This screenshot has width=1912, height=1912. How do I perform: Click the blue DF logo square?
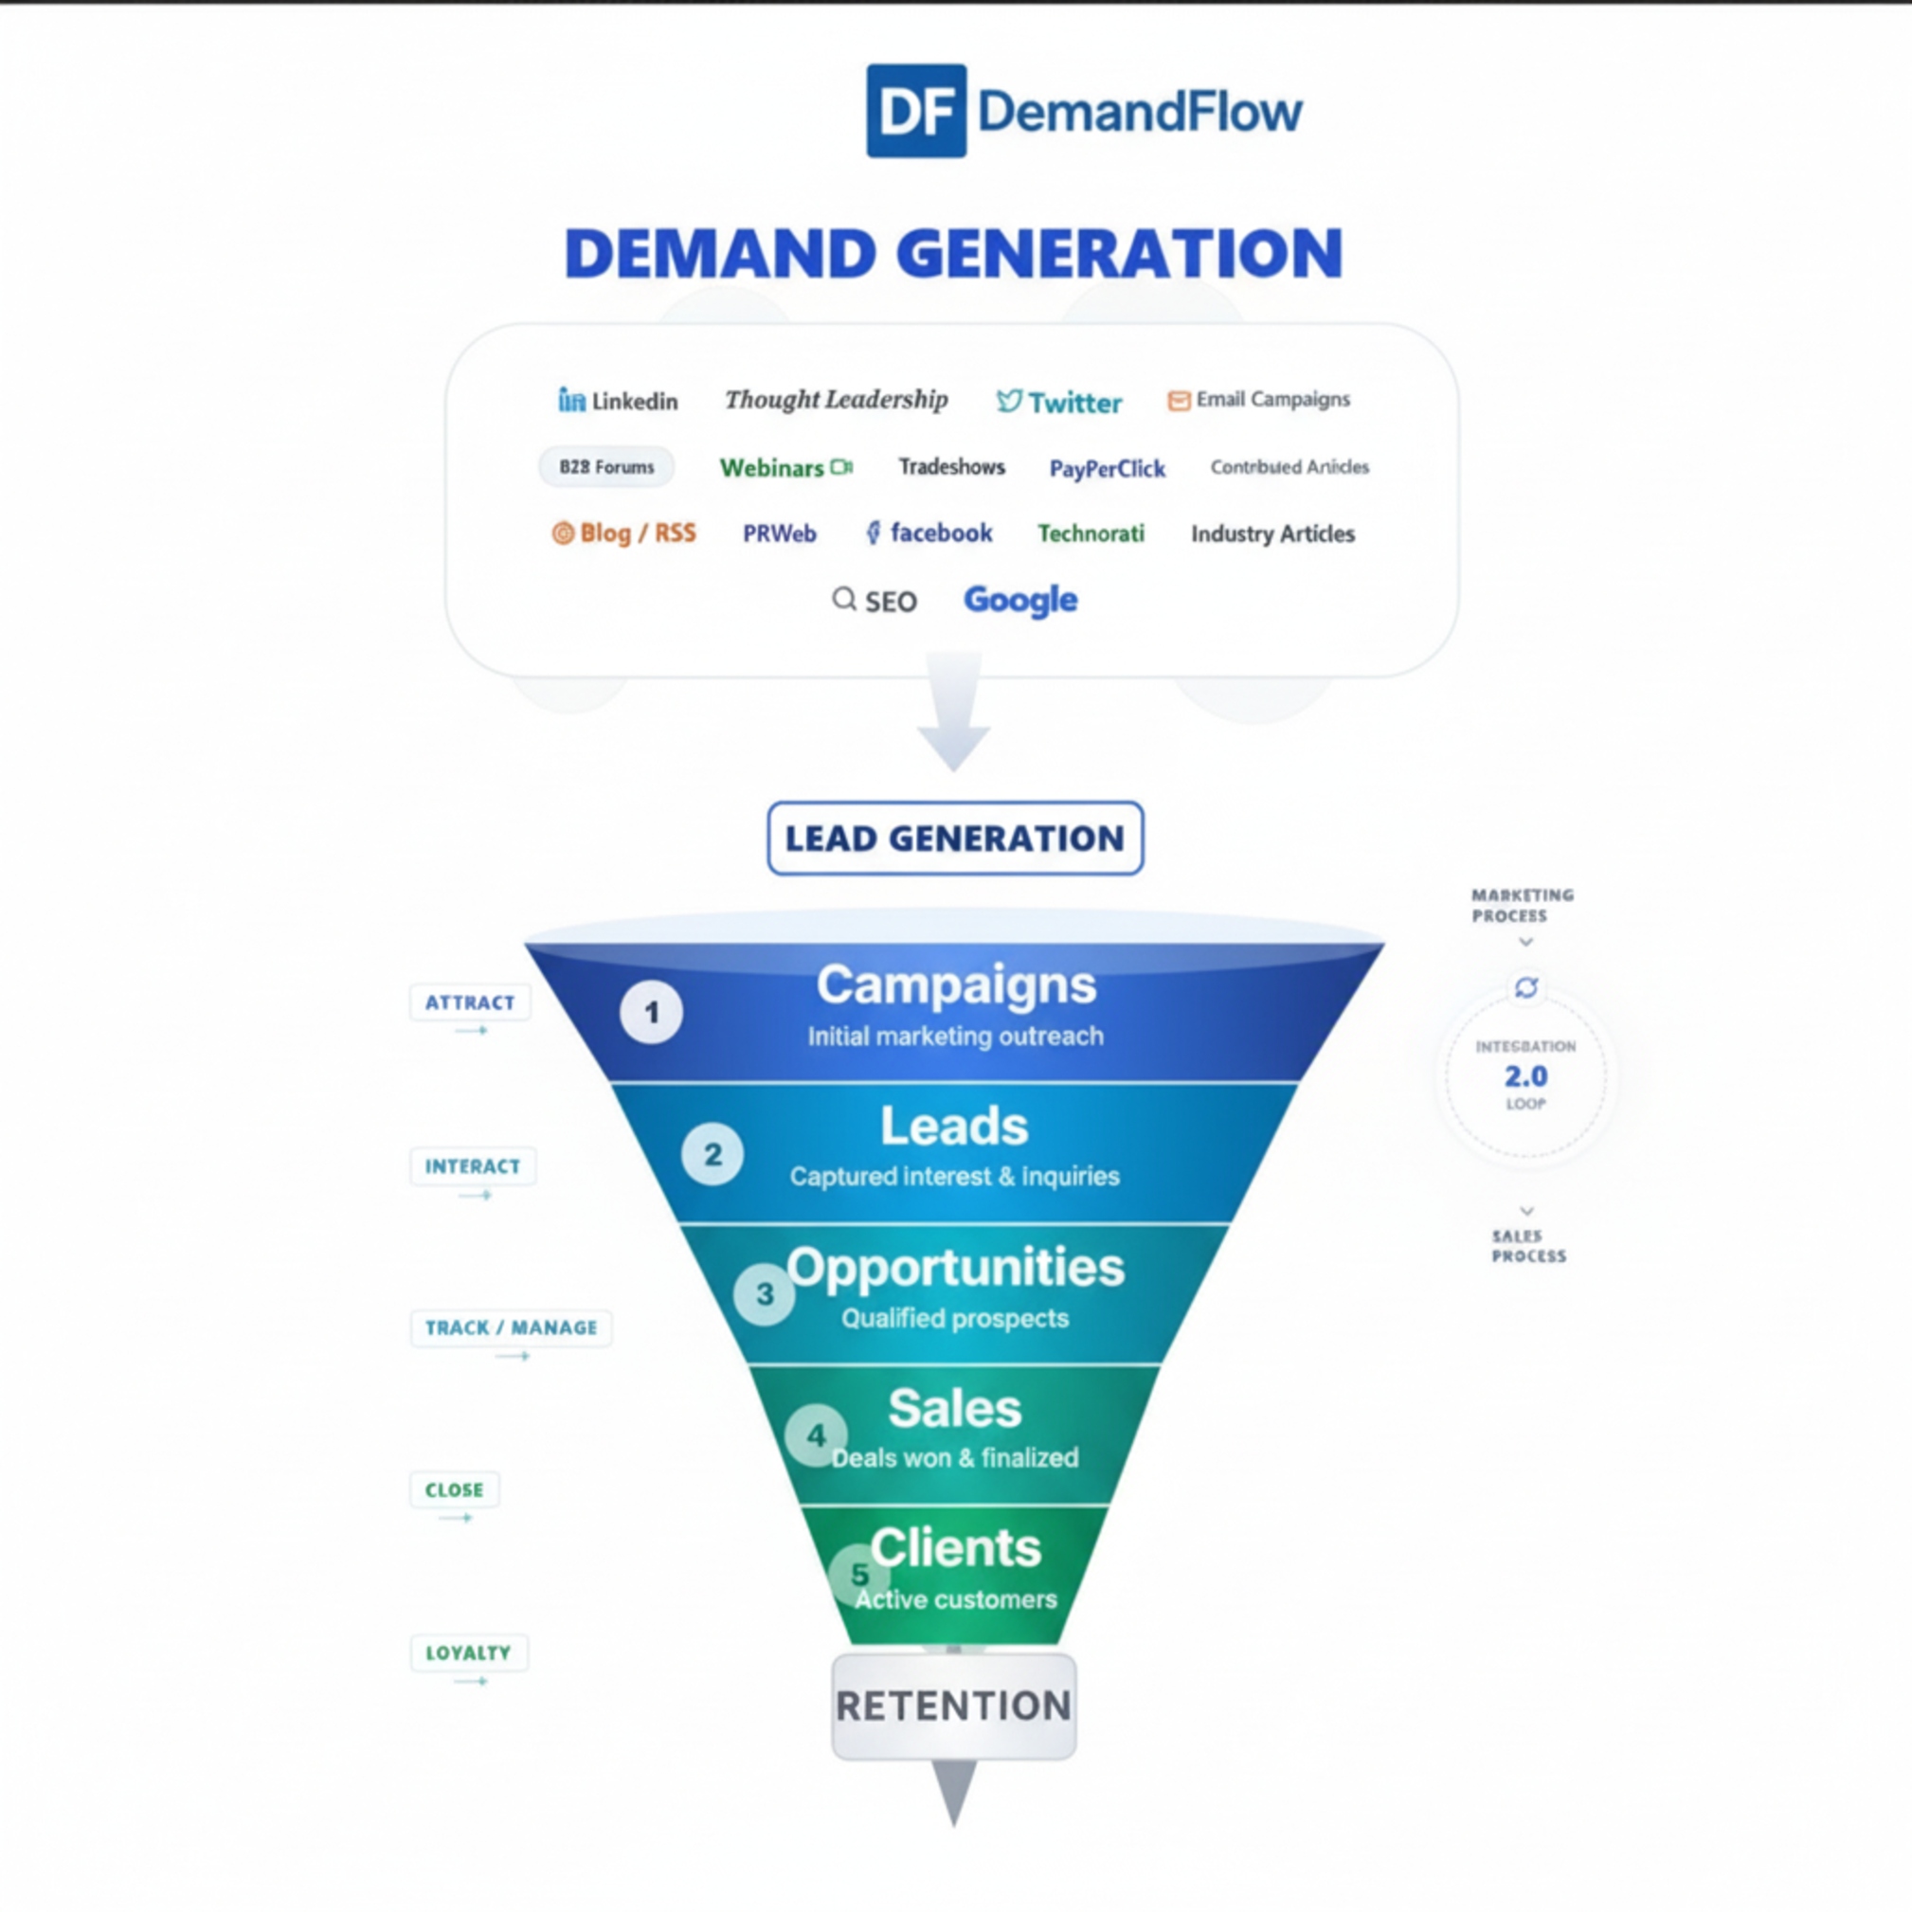915,111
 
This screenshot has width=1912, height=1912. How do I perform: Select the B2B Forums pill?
605,467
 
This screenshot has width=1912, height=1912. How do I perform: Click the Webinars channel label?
772,468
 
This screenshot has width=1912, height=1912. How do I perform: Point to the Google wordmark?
1020,600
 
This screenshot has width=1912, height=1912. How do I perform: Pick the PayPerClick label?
1107,469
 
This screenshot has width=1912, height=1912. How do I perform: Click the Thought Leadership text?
837,400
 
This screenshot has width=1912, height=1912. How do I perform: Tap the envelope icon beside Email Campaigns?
1178,401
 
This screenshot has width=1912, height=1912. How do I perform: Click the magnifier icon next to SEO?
843,599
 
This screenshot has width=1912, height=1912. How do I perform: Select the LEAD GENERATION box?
955,839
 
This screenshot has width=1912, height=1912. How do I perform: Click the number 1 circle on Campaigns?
651,1013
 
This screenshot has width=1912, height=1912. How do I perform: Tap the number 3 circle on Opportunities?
764,1293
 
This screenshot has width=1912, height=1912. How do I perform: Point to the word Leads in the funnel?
954,1127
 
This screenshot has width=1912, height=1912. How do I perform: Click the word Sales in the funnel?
954,1408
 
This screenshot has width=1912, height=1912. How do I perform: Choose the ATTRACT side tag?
470,1002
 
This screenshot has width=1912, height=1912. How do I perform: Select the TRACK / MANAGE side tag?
511,1327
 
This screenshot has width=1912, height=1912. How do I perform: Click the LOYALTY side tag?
468,1652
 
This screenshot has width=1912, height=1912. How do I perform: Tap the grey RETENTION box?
954,1706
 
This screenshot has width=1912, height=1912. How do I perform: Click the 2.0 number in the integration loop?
1525,1075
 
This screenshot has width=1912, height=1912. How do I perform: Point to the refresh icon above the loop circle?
1526,986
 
